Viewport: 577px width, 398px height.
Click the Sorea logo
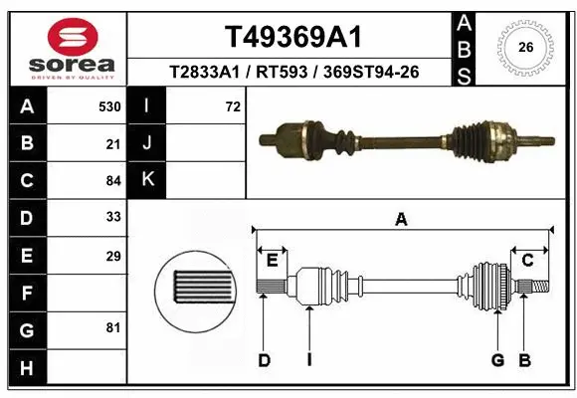click(x=65, y=47)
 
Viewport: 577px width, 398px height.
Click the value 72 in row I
click(x=233, y=106)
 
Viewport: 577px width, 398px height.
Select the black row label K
click(x=148, y=180)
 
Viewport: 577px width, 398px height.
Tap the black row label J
click(x=148, y=143)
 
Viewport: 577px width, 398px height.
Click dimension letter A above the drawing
click(x=401, y=220)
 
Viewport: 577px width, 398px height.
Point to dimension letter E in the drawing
click(x=271, y=261)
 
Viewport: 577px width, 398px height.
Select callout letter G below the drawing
click(x=497, y=360)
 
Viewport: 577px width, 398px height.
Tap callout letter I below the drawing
click(x=309, y=360)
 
